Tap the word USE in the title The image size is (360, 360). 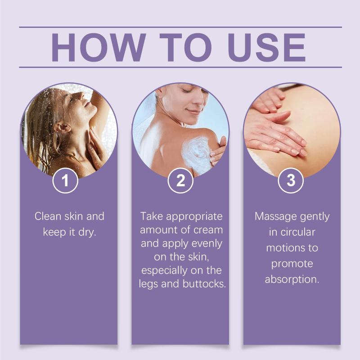pos(267,48)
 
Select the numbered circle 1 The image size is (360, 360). pos(65,180)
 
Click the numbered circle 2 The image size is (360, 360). pos(180,180)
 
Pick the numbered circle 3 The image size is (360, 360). pos(291,180)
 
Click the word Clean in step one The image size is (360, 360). pos(48,216)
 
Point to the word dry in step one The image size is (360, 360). pos(87,233)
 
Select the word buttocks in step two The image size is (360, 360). pos(204,284)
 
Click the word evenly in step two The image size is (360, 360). pos(207,244)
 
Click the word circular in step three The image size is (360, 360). pos(297,232)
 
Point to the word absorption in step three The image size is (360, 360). pos(292,280)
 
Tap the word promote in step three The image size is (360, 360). pos(292,264)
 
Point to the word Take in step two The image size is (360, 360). pos(152,216)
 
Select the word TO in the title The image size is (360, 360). pos(186,48)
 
